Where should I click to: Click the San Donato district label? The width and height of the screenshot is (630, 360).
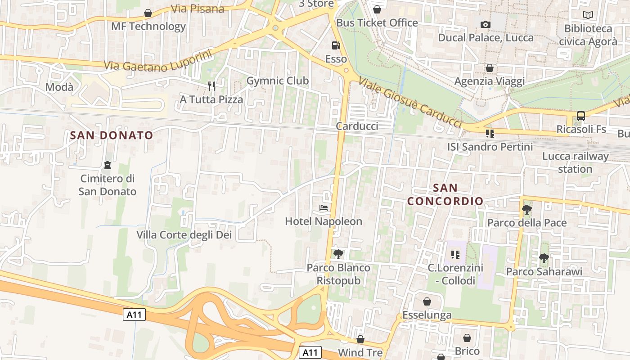click(x=112, y=135)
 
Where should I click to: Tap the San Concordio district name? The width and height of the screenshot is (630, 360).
click(x=445, y=194)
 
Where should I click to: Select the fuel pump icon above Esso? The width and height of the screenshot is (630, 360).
click(x=336, y=45)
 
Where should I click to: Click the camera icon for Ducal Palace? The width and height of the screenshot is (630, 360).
click(x=485, y=24)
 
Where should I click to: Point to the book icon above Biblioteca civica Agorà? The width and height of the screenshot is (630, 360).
click(x=588, y=15)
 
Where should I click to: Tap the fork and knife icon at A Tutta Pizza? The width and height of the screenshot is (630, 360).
click(x=211, y=86)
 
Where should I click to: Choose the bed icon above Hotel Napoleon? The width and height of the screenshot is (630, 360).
click(x=324, y=208)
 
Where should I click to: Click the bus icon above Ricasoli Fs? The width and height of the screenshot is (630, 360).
click(x=581, y=116)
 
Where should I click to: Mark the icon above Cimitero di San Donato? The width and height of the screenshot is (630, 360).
click(x=107, y=165)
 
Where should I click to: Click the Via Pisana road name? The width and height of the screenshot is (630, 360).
click(x=198, y=9)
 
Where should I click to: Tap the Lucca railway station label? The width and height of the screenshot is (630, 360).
click(x=575, y=162)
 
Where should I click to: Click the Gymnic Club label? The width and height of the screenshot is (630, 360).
click(x=278, y=81)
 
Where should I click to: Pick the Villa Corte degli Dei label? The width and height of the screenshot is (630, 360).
click(x=184, y=234)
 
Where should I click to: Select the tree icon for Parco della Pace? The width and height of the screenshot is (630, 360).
click(x=526, y=209)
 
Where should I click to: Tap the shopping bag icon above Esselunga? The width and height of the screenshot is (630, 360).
click(x=427, y=301)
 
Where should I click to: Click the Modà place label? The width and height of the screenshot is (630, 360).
click(x=59, y=87)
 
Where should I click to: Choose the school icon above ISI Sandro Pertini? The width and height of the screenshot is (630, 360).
click(x=490, y=133)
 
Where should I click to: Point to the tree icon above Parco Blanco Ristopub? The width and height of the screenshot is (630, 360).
click(x=338, y=254)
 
